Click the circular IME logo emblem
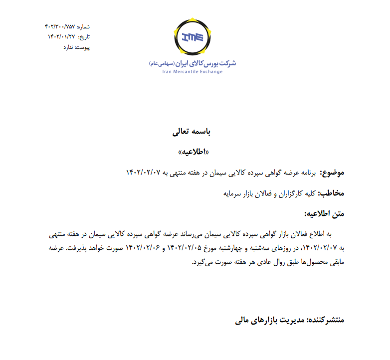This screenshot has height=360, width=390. click(x=193, y=37)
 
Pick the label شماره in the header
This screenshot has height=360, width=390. click(x=83, y=27)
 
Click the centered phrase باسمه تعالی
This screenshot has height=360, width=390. click(x=192, y=132)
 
